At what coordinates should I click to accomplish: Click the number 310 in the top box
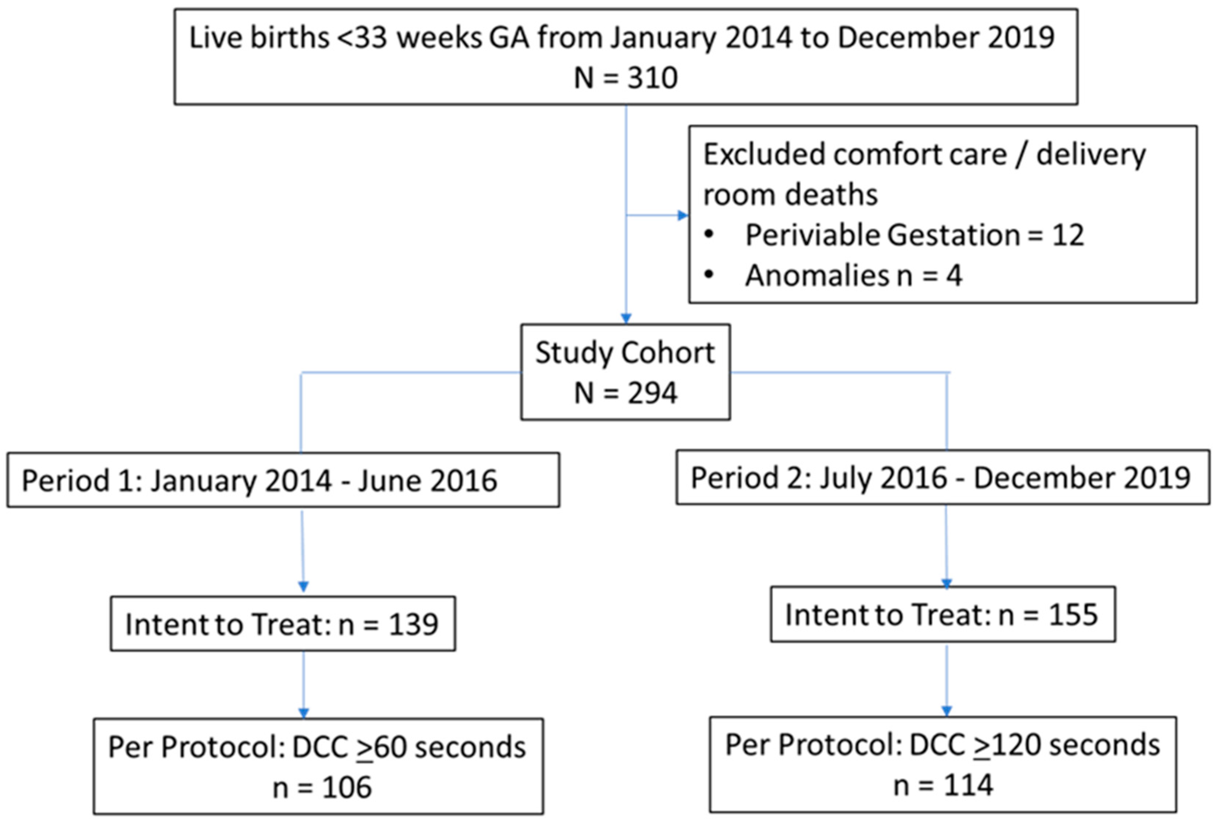click(x=652, y=78)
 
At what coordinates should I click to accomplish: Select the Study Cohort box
click(x=625, y=372)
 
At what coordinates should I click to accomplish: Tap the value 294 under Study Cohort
click(x=652, y=393)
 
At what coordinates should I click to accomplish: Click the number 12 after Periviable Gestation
click(x=1068, y=235)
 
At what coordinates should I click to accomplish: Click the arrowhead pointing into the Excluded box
click(x=682, y=216)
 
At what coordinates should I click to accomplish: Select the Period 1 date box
click(x=283, y=480)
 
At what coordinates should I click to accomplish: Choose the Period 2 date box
click(x=942, y=478)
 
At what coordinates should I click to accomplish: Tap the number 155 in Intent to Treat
click(x=1073, y=614)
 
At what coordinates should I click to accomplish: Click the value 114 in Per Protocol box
click(x=968, y=785)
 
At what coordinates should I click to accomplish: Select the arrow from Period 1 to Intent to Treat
click(x=303, y=549)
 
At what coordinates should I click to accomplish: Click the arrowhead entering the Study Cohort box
click(x=626, y=317)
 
